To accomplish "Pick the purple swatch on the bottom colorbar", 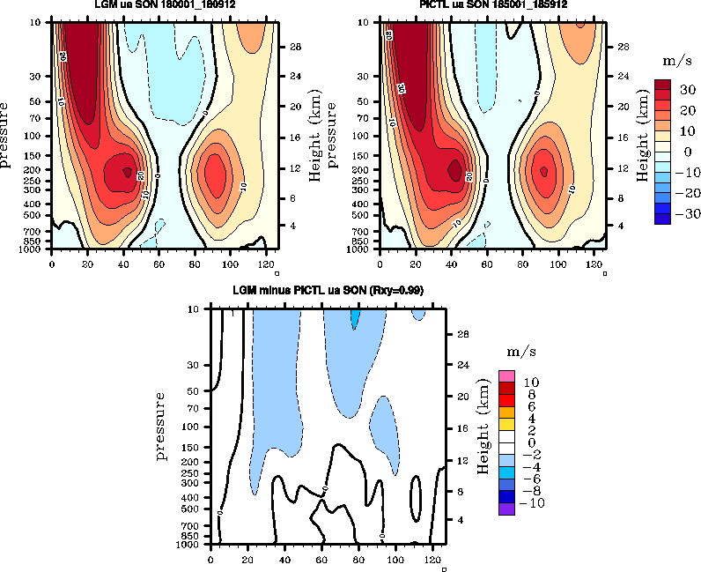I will [x=507, y=508].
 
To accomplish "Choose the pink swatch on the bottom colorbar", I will [x=507, y=375].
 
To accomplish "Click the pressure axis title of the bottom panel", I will [x=161, y=427].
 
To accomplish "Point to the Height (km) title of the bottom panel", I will [x=482, y=427].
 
